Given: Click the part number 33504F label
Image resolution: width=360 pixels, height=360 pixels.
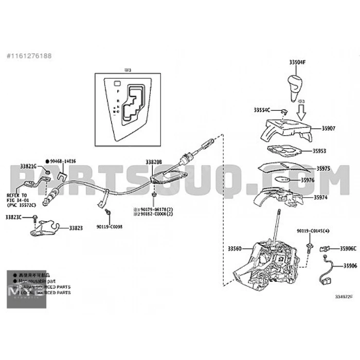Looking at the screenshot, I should pyautogui.click(x=297, y=62).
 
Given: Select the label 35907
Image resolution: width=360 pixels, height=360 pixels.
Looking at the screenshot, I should pyautogui.click(x=328, y=128).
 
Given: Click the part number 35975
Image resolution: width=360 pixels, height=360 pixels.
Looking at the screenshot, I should pyautogui.click(x=323, y=168).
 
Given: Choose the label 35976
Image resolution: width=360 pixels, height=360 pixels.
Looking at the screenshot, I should pyautogui.click(x=322, y=180).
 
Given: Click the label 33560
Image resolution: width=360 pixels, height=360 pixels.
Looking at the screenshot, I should pyautogui.click(x=234, y=248).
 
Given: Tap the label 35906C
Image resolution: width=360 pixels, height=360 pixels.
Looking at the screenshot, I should pyautogui.click(x=348, y=248).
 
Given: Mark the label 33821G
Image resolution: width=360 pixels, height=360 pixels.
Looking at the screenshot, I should pyautogui.click(x=28, y=167).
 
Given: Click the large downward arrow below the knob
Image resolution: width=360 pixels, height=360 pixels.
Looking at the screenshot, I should pyautogui.click(x=301, y=108).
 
